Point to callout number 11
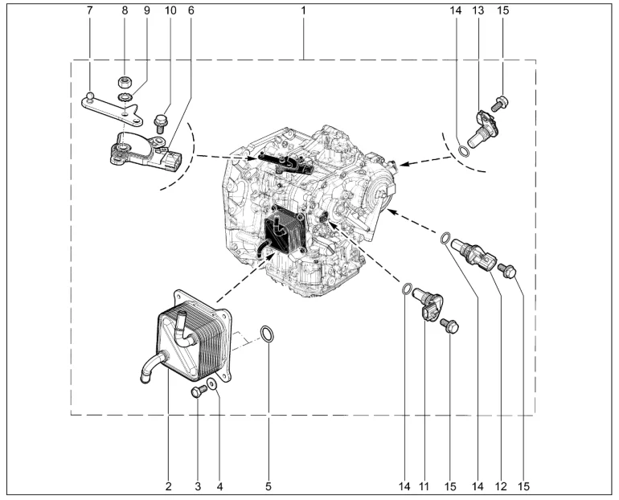click(x=424, y=486)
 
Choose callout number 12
click(x=500, y=486)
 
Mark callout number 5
click(x=269, y=486)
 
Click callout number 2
click(x=169, y=486)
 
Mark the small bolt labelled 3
click(x=198, y=391)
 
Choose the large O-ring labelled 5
click(x=269, y=334)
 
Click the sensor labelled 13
click(x=486, y=125)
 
